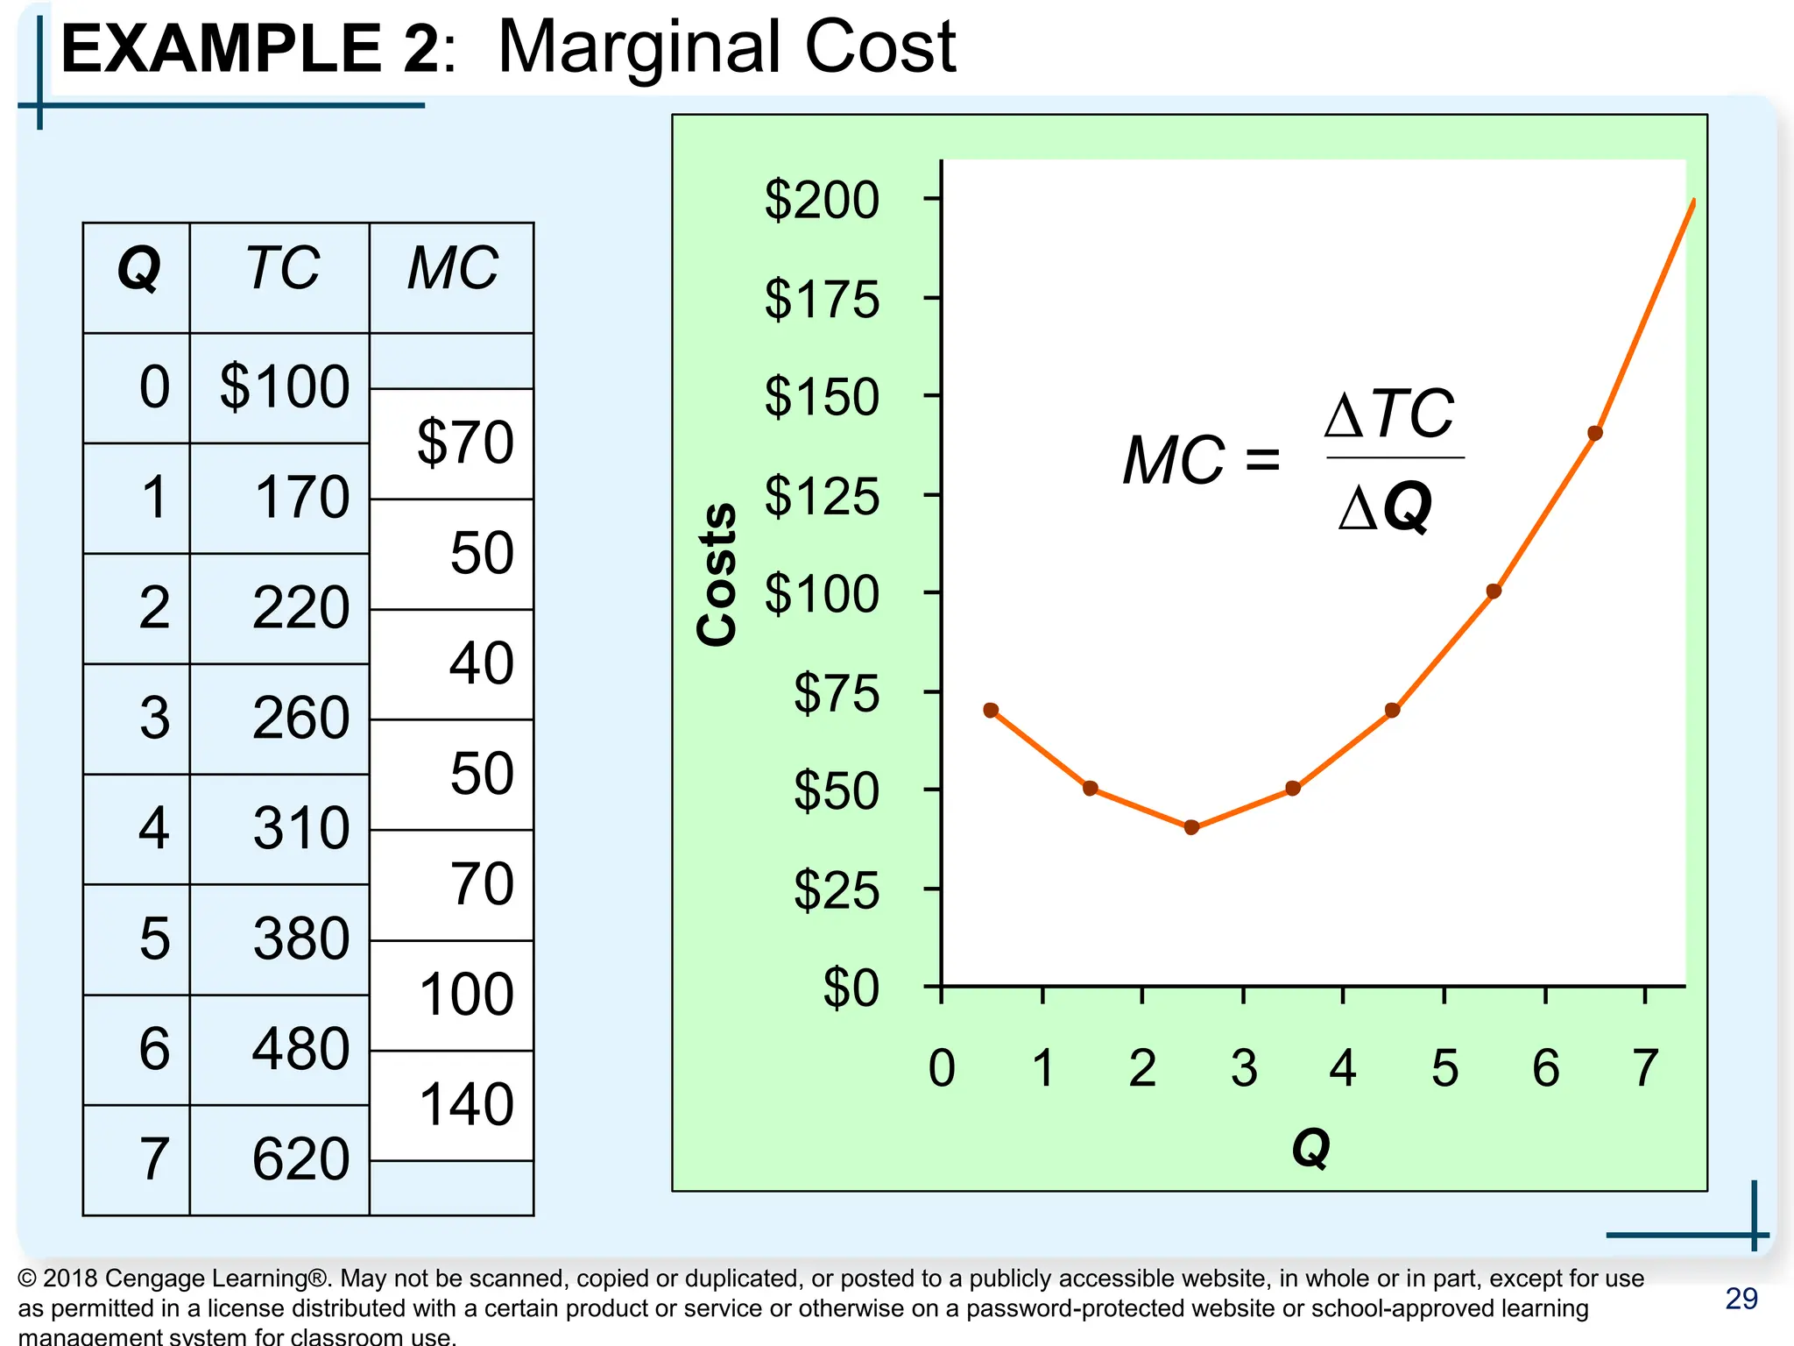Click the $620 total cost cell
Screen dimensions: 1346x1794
click(x=300, y=1158)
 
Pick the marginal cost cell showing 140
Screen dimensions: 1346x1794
click(x=466, y=1104)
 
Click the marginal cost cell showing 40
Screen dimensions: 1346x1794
click(x=481, y=663)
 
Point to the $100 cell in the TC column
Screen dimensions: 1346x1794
click(x=285, y=386)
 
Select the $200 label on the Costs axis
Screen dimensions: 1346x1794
click(x=821, y=200)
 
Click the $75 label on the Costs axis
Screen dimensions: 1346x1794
click(x=836, y=693)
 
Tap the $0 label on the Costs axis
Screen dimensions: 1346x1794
click(x=850, y=988)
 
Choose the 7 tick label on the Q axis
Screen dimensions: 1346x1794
click(x=1645, y=1068)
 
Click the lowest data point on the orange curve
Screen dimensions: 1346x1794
click(x=1191, y=827)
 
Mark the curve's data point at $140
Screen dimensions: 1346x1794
click(x=1595, y=433)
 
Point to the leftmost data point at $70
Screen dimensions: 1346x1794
click(x=991, y=710)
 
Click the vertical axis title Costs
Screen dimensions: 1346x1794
click(x=717, y=575)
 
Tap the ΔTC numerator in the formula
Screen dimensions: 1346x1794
click(x=1389, y=414)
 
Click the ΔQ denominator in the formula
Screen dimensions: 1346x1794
click(x=1385, y=507)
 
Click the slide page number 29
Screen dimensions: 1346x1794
click(x=1741, y=1299)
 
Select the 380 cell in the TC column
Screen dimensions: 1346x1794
click(x=300, y=939)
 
